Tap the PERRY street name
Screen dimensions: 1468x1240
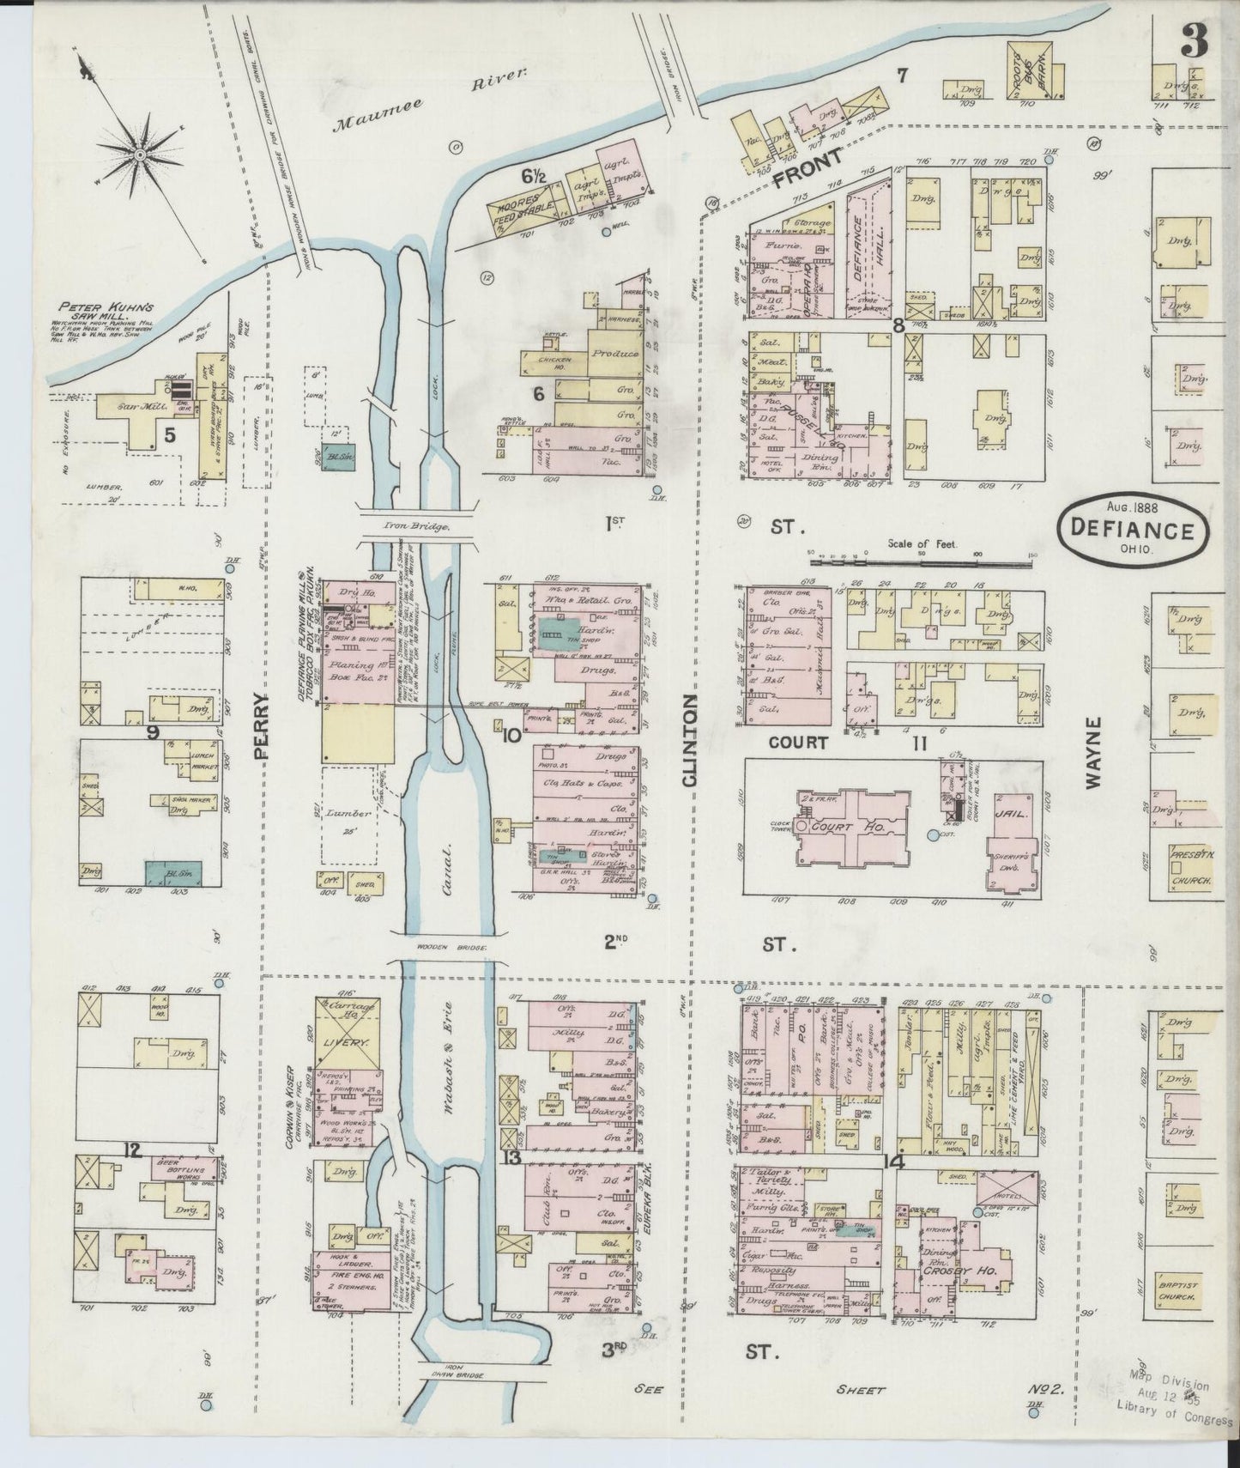coord(263,725)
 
